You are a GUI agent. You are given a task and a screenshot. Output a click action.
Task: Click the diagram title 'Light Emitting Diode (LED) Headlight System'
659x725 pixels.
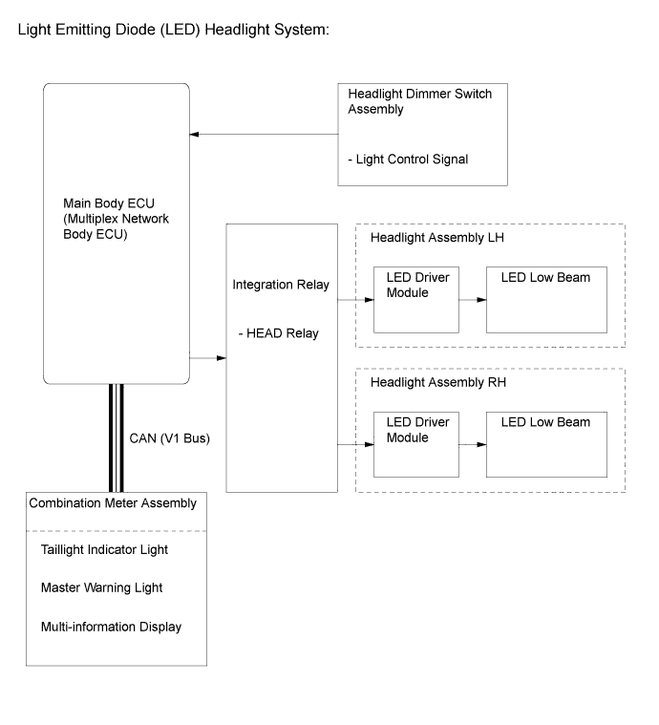[174, 30]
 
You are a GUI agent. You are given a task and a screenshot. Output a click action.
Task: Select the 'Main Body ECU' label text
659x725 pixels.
[109, 203]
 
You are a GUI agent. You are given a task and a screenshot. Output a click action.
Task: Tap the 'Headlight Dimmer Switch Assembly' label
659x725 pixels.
[420, 101]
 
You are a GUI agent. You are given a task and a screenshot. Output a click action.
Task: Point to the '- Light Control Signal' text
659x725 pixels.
[408, 160]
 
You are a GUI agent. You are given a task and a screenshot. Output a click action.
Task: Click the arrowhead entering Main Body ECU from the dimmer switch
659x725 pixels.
[194, 135]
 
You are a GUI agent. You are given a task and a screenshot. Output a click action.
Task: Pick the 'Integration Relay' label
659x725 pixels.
[281, 285]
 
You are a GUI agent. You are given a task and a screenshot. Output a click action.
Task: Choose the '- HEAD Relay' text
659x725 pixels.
[278, 333]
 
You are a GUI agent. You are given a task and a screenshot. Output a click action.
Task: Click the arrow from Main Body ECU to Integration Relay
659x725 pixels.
[207, 358]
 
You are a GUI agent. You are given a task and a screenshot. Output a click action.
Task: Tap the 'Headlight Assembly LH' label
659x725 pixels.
[437, 238]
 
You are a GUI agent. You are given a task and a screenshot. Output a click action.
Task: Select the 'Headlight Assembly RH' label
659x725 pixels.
[438, 382]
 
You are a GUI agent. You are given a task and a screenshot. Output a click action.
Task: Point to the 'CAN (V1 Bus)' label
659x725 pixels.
[169, 438]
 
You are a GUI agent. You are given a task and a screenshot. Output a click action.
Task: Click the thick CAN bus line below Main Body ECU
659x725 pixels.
[117, 437]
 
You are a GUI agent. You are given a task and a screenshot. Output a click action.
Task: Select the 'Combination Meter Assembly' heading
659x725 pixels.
[113, 503]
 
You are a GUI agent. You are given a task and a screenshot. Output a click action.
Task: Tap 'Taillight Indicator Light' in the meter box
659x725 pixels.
[104, 550]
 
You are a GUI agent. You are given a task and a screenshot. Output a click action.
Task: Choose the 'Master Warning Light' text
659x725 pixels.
[102, 587]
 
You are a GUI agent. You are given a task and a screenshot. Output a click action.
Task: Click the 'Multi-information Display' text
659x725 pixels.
[111, 627]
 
